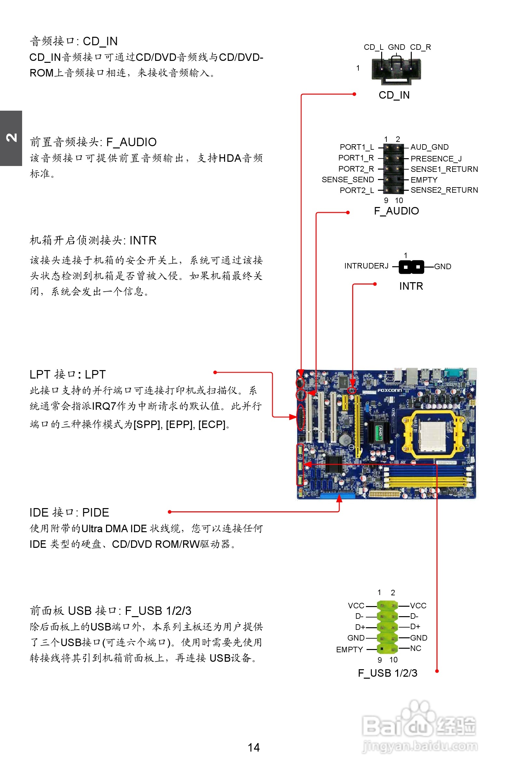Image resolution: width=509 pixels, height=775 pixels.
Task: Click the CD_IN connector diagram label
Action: pyautogui.click(x=394, y=95)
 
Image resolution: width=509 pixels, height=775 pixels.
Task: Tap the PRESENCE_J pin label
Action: pyautogui.click(x=436, y=159)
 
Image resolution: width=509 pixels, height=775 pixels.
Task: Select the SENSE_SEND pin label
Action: pyautogui.click(x=348, y=180)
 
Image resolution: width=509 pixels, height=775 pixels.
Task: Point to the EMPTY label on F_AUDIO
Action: pyautogui.click(x=424, y=180)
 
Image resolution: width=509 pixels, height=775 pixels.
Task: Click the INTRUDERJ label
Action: pyautogui.click(x=366, y=266)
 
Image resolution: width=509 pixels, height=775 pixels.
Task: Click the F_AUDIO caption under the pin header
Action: pyautogui.click(x=396, y=211)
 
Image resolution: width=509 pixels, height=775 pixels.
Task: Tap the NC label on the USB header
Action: pyautogui.click(x=415, y=648)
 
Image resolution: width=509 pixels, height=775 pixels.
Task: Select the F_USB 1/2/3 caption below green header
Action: pyautogui.click(x=387, y=673)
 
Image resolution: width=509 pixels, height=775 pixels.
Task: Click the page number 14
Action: pyautogui.click(x=253, y=747)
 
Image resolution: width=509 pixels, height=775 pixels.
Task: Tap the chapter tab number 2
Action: pyautogui.click(x=11, y=138)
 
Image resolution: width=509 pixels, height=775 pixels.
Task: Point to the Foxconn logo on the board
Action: pyautogui.click(x=390, y=391)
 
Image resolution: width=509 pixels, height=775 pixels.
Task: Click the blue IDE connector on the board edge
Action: pyautogui.click(x=338, y=496)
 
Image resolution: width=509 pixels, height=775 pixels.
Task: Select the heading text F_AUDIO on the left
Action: pyautogui.click(x=131, y=142)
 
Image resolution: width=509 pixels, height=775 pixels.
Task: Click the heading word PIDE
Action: pyautogui.click(x=95, y=513)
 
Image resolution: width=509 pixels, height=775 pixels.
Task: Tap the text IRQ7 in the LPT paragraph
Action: pyautogui.click(x=104, y=406)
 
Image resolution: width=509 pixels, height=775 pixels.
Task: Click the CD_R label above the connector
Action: pyautogui.click(x=420, y=47)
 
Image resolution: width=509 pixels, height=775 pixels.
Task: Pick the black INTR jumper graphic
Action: pyautogui.click(x=411, y=267)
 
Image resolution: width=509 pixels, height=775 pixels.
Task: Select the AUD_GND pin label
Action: pyautogui.click(x=429, y=147)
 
